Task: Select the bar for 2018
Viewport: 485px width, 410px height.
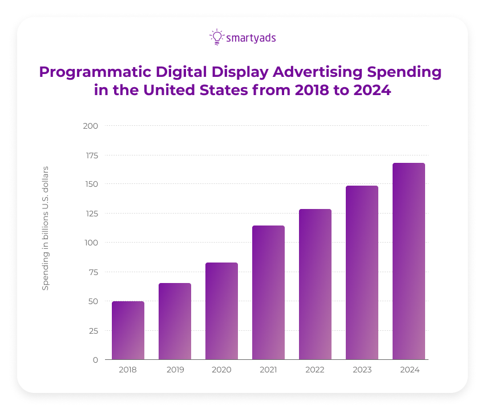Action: tap(128, 330)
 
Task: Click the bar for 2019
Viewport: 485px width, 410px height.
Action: tap(175, 321)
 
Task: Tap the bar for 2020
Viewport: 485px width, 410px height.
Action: tap(221, 311)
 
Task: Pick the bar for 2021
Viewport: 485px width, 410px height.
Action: tap(268, 293)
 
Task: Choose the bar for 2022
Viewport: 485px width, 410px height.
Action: tap(315, 284)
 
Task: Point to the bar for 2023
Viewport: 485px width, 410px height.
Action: tap(362, 273)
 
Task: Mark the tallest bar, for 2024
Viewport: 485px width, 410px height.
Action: tap(409, 261)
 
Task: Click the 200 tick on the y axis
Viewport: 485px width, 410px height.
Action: tap(91, 126)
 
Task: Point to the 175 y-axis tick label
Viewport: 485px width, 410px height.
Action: tap(91, 155)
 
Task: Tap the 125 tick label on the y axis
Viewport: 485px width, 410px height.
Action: tap(91, 214)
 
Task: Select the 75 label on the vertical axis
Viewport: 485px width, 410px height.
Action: tap(93, 272)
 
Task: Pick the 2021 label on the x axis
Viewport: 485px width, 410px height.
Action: tap(268, 370)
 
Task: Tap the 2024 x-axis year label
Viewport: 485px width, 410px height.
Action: tap(409, 370)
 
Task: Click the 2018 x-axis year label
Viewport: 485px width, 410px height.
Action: tap(128, 370)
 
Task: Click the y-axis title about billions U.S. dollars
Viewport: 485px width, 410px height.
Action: tap(46, 228)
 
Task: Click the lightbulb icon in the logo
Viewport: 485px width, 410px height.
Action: tap(216, 37)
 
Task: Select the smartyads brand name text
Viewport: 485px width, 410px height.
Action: tap(251, 38)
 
